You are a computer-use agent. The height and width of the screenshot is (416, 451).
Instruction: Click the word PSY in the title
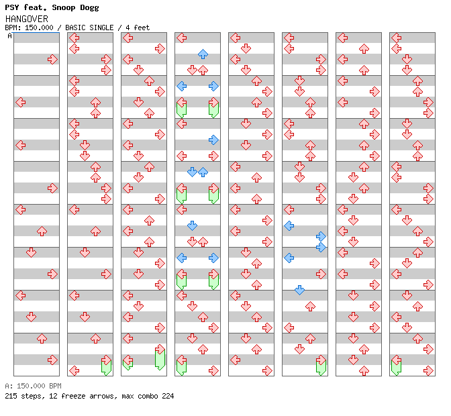coord(13,8)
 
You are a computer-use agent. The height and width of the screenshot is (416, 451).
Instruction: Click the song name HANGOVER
coord(26,19)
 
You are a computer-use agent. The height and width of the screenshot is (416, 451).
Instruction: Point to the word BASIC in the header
coord(78,28)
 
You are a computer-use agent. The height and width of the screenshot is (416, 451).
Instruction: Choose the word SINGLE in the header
coord(104,28)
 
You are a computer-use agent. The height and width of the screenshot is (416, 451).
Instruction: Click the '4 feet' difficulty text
coord(137,28)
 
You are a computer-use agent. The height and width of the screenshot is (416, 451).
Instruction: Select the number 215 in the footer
coord(11,396)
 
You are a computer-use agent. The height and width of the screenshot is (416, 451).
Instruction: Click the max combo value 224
coord(166,396)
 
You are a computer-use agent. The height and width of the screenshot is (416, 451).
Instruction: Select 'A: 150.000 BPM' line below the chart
coord(33,386)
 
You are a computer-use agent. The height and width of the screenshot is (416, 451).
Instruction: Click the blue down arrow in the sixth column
coord(299,290)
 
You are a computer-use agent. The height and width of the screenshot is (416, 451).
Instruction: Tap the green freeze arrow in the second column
coord(106,366)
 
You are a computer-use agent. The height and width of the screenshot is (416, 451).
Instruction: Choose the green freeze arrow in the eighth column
coord(396,366)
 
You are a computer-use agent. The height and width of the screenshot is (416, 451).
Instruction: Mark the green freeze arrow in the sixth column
coord(321,366)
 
